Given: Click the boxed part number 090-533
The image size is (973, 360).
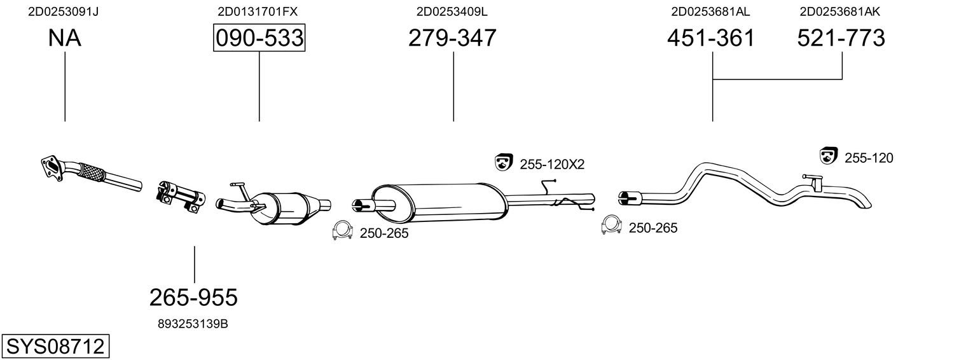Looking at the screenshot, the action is point(259,39).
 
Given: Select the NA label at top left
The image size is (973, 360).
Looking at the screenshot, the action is point(64,39).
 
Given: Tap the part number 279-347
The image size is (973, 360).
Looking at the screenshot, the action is point(452,39).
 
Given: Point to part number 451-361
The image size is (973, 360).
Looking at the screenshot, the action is point(711,39).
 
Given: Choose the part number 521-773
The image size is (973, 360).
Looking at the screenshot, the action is point(841,39).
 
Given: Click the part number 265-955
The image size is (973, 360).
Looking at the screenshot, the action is point(193,297).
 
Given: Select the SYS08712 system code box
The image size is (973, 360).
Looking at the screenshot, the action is point(55,347).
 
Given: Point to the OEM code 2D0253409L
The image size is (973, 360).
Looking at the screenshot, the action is point(452,11).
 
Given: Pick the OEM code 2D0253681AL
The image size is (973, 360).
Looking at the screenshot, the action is point(710,11).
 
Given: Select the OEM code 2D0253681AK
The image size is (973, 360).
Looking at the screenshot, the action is point(839,11).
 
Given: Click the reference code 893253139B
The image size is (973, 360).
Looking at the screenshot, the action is point(193,324).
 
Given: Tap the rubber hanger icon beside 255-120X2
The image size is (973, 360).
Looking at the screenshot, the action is point(504,163).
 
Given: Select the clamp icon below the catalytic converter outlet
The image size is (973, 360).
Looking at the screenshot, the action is point(343,232).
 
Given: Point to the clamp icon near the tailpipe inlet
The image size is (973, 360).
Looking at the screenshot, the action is point(611,226).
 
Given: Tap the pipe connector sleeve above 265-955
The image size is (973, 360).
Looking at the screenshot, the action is point(181,194).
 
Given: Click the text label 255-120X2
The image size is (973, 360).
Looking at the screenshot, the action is point(552,165).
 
